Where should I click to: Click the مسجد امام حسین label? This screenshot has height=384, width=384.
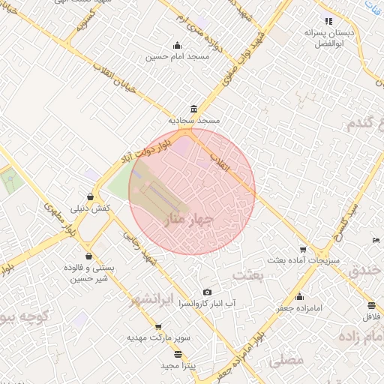click(x=176, y=56)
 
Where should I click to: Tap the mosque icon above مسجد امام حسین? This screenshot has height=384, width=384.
click(x=177, y=45)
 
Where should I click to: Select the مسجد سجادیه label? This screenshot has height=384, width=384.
click(x=193, y=120)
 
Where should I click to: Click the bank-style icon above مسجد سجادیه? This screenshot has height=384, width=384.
click(x=194, y=109)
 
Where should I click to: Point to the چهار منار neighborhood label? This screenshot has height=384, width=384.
click(x=187, y=220)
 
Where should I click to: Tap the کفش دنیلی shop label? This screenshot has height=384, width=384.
click(x=91, y=208)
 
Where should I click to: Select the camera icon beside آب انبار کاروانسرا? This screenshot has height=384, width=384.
click(x=207, y=292)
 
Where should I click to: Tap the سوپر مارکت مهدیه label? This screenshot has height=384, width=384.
click(x=158, y=338)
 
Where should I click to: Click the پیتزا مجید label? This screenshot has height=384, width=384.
click(x=178, y=365)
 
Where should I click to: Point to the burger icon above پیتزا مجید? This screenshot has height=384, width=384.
click(x=178, y=354)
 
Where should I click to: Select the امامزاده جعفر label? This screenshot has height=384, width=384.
click(x=299, y=307)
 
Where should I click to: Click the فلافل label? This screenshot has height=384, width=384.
click(x=372, y=317)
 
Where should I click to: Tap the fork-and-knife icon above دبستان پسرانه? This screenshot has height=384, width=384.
click(x=328, y=21)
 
